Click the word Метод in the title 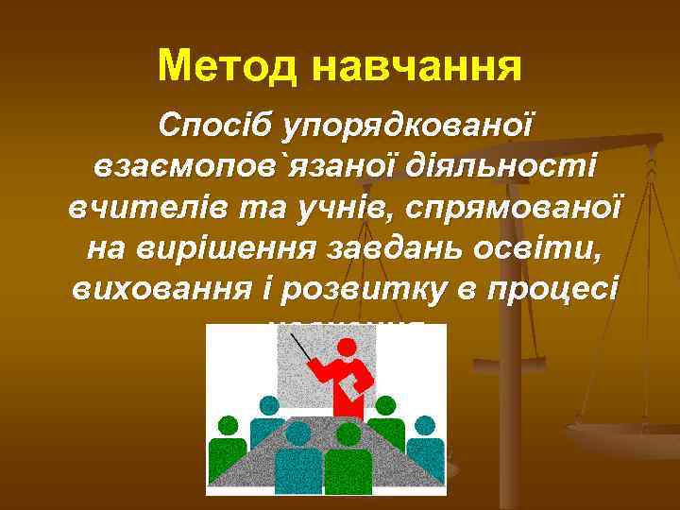coord(227,65)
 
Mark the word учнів coord(352,206)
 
